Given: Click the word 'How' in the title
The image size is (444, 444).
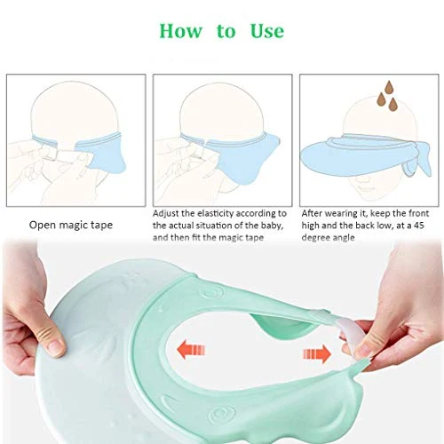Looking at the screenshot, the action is point(181,31).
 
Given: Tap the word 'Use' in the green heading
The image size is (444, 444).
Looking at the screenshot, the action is point(267,31).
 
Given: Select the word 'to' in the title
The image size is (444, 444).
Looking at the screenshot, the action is point(226,32).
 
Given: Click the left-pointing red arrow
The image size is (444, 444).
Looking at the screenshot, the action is point(191,350).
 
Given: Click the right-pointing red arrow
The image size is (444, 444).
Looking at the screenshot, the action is point(317,353).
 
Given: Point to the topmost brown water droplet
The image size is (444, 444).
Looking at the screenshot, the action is point(389,86).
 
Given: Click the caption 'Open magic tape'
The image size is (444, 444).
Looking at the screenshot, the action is point(71,225).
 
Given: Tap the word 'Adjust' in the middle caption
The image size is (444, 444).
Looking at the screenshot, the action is point(166,214).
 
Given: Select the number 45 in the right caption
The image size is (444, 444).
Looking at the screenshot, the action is point(419,226).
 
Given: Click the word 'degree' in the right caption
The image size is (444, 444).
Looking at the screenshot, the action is point(314,238).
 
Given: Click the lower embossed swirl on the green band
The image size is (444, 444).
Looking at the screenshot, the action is point(218,415).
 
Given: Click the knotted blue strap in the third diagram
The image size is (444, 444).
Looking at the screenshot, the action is point(417,160).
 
